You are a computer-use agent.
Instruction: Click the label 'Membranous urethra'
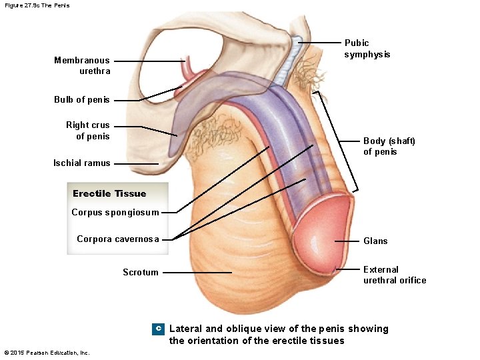82,65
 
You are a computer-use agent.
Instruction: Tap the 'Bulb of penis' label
82,100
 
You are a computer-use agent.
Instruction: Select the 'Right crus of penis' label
87,131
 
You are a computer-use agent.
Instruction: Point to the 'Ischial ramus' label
82,163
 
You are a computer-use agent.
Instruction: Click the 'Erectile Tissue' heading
109,194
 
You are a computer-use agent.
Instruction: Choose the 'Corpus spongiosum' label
115,213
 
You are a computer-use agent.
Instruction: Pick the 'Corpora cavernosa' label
118,239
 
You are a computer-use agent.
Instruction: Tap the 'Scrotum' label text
141,272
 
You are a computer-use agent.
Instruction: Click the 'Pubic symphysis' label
367,49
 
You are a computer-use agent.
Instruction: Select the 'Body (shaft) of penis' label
389,146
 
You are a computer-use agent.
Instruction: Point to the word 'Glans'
375,241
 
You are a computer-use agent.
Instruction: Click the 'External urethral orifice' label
395,275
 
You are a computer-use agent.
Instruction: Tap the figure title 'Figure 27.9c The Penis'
37,5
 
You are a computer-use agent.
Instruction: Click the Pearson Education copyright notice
47,353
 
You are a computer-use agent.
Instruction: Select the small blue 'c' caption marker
158,329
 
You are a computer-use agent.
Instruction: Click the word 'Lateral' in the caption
185,329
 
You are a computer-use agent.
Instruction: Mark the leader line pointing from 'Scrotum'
197,272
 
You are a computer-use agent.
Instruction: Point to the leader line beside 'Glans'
347,241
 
